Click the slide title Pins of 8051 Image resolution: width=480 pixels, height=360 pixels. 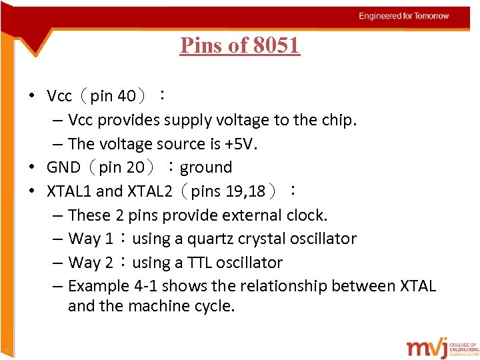point(240,45)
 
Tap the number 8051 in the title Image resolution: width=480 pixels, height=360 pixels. point(276,45)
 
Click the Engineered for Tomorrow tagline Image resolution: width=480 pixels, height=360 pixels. point(404,16)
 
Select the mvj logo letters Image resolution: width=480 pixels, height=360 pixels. point(427,348)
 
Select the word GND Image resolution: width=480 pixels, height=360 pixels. point(63,167)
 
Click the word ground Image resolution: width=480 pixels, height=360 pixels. point(206,167)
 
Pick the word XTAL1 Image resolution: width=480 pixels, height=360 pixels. point(69,191)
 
